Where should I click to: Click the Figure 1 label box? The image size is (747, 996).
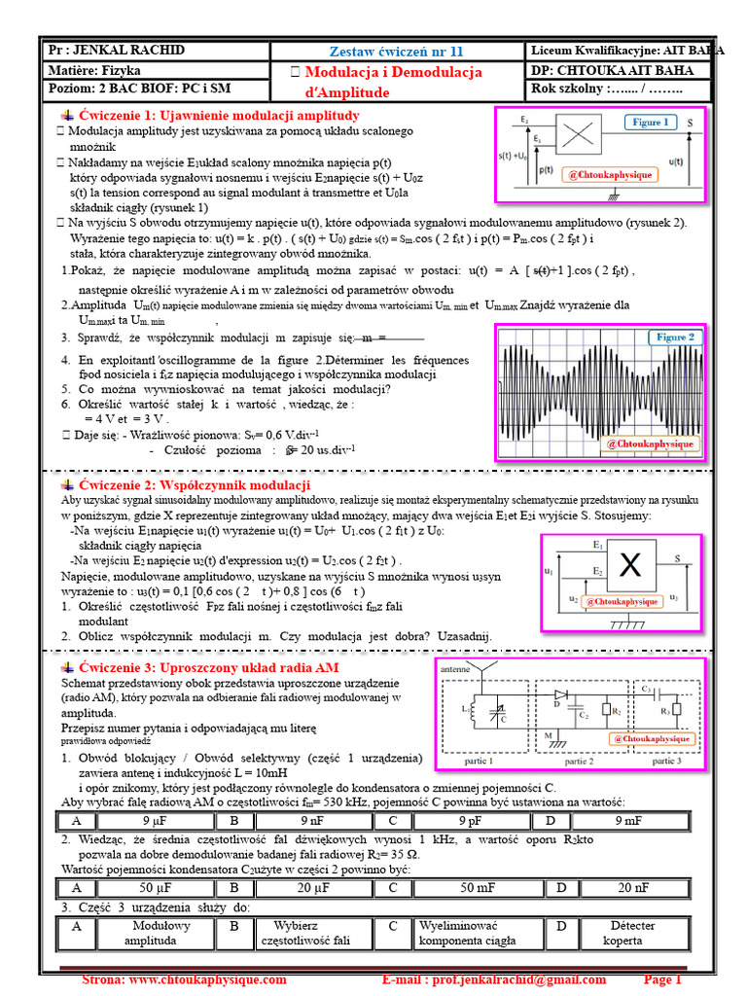click(x=651, y=123)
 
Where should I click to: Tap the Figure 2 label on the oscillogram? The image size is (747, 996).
click(x=675, y=338)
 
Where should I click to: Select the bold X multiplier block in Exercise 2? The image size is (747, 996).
click(x=630, y=564)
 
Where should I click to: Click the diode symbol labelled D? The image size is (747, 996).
click(x=561, y=694)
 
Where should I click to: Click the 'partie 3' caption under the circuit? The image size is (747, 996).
click(x=666, y=762)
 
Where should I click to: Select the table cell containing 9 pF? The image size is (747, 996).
click(x=461, y=821)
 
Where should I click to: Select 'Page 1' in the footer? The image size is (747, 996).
click(x=663, y=979)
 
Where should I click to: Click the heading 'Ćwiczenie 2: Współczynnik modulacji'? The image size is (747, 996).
click(x=195, y=485)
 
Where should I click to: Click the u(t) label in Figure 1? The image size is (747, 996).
click(x=677, y=161)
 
